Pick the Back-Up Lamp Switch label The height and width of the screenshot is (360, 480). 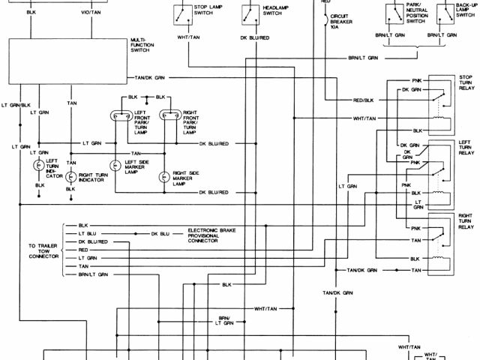pos(466,10)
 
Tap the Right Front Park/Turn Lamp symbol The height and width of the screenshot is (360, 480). pos(169,116)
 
